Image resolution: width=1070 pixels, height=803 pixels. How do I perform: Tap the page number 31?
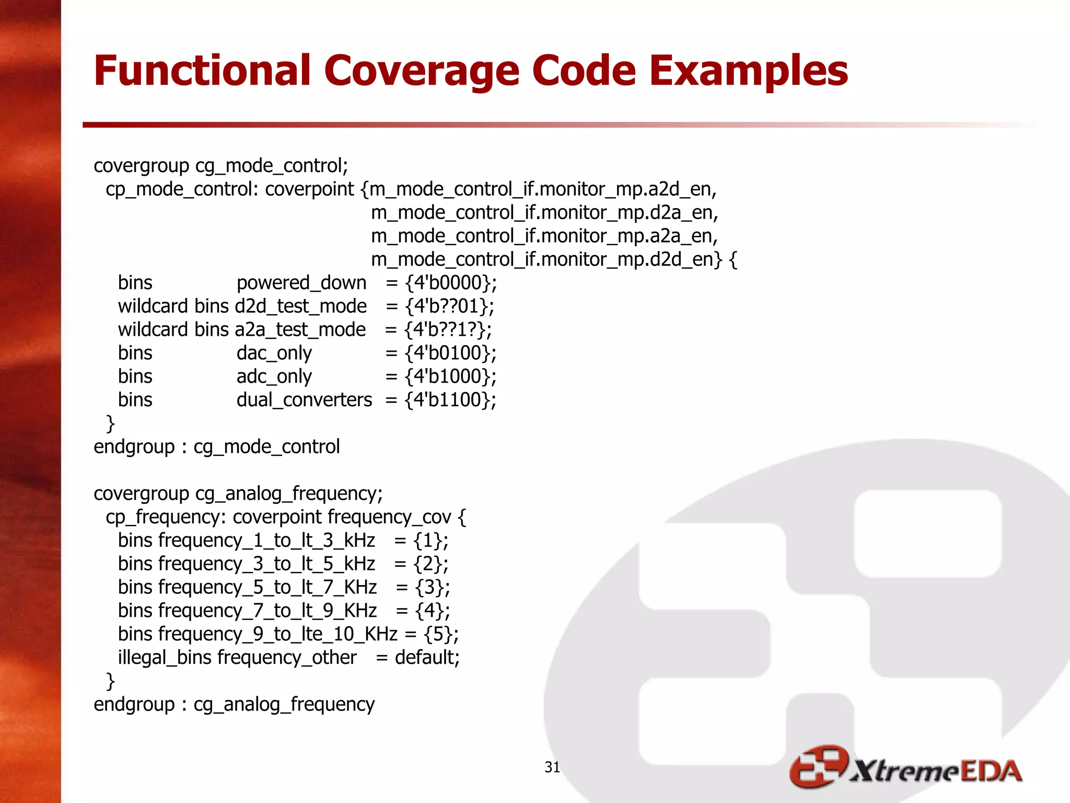[552, 767]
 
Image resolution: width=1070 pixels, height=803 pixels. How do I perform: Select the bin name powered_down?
[301, 283]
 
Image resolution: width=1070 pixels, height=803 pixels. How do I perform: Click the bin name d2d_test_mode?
[301, 306]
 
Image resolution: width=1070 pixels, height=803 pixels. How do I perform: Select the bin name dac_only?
[274, 353]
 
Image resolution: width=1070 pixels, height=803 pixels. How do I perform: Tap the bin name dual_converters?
[304, 400]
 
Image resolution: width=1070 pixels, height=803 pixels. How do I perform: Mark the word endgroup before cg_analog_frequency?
[134, 704]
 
